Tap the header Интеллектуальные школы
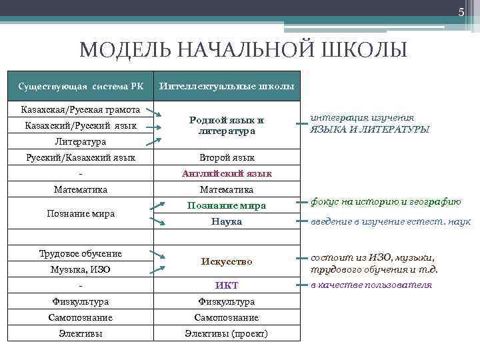(x=226, y=87)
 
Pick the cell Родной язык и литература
(x=226, y=125)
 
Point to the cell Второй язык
(x=226, y=158)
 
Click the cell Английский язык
(x=226, y=173)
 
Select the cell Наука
(x=226, y=221)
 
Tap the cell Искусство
(x=226, y=262)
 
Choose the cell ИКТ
(x=226, y=285)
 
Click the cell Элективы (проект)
(x=226, y=333)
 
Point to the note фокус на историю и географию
(x=385, y=202)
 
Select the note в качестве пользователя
(x=371, y=285)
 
